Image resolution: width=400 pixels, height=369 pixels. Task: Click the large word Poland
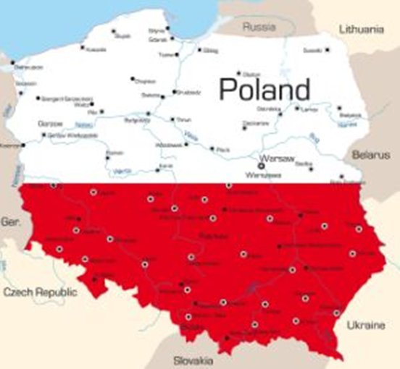pyautogui.click(x=264, y=90)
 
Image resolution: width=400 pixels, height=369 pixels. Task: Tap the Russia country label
pyautogui.click(x=259, y=27)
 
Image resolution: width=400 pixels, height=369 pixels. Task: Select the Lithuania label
pyautogui.click(x=360, y=30)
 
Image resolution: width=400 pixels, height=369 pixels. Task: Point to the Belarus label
pyautogui.click(x=371, y=155)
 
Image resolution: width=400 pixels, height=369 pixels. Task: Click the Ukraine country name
pyautogui.click(x=365, y=326)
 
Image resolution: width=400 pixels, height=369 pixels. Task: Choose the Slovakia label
pyautogui.click(x=193, y=360)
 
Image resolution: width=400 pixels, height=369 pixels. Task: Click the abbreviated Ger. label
pyautogui.click(x=10, y=221)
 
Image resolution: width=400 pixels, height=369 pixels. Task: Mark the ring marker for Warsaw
pyautogui.click(x=262, y=166)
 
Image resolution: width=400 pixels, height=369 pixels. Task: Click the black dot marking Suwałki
pyautogui.click(x=327, y=49)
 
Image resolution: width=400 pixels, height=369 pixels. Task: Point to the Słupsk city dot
pyautogui.click(x=113, y=31)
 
